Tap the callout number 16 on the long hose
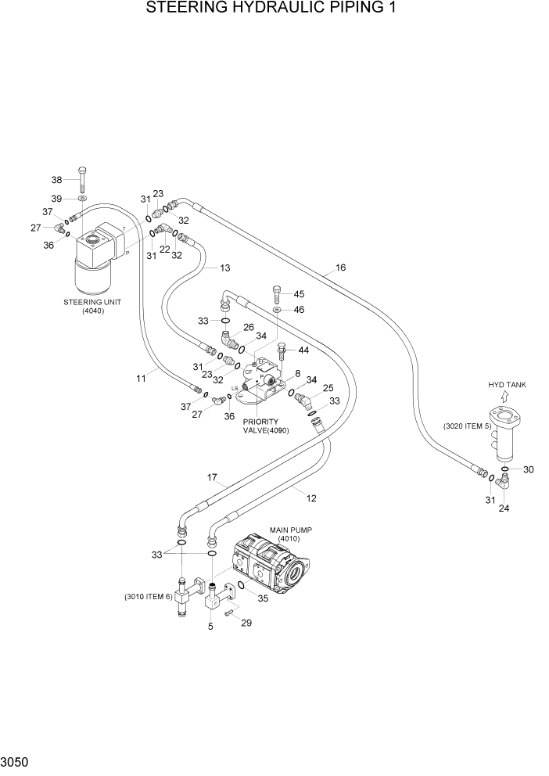pyautogui.click(x=340, y=268)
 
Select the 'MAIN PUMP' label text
pyautogui.click(x=291, y=530)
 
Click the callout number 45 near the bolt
pyautogui.click(x=298, y=294)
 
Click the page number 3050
pyautogui.click(x=16, y=762)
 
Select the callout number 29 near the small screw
pyautogui.click(x=246, y=623)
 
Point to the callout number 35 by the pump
pyautogui.click(x=262, y=598)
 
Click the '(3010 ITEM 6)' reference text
pyautogui.click(x=147, y=597)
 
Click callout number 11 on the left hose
pyautogui.click(x=141, y=379)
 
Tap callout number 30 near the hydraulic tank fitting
pyautogui.click(x=529, y=469)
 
